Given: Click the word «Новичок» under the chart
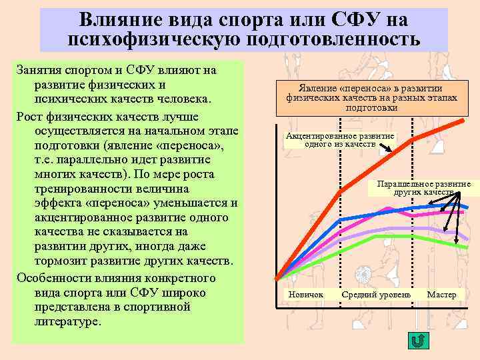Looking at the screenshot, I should click(306, 295).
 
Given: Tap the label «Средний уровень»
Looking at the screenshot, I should click(376, 295).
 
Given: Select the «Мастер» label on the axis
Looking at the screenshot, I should click(441, 295).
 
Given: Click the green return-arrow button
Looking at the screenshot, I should click(417, 342).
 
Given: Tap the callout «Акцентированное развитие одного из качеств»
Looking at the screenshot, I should click(339, 140).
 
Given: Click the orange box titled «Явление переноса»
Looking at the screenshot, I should click(372, 97).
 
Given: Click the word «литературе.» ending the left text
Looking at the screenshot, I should click(67, 322).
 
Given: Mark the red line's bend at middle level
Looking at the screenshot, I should click(340, 191).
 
